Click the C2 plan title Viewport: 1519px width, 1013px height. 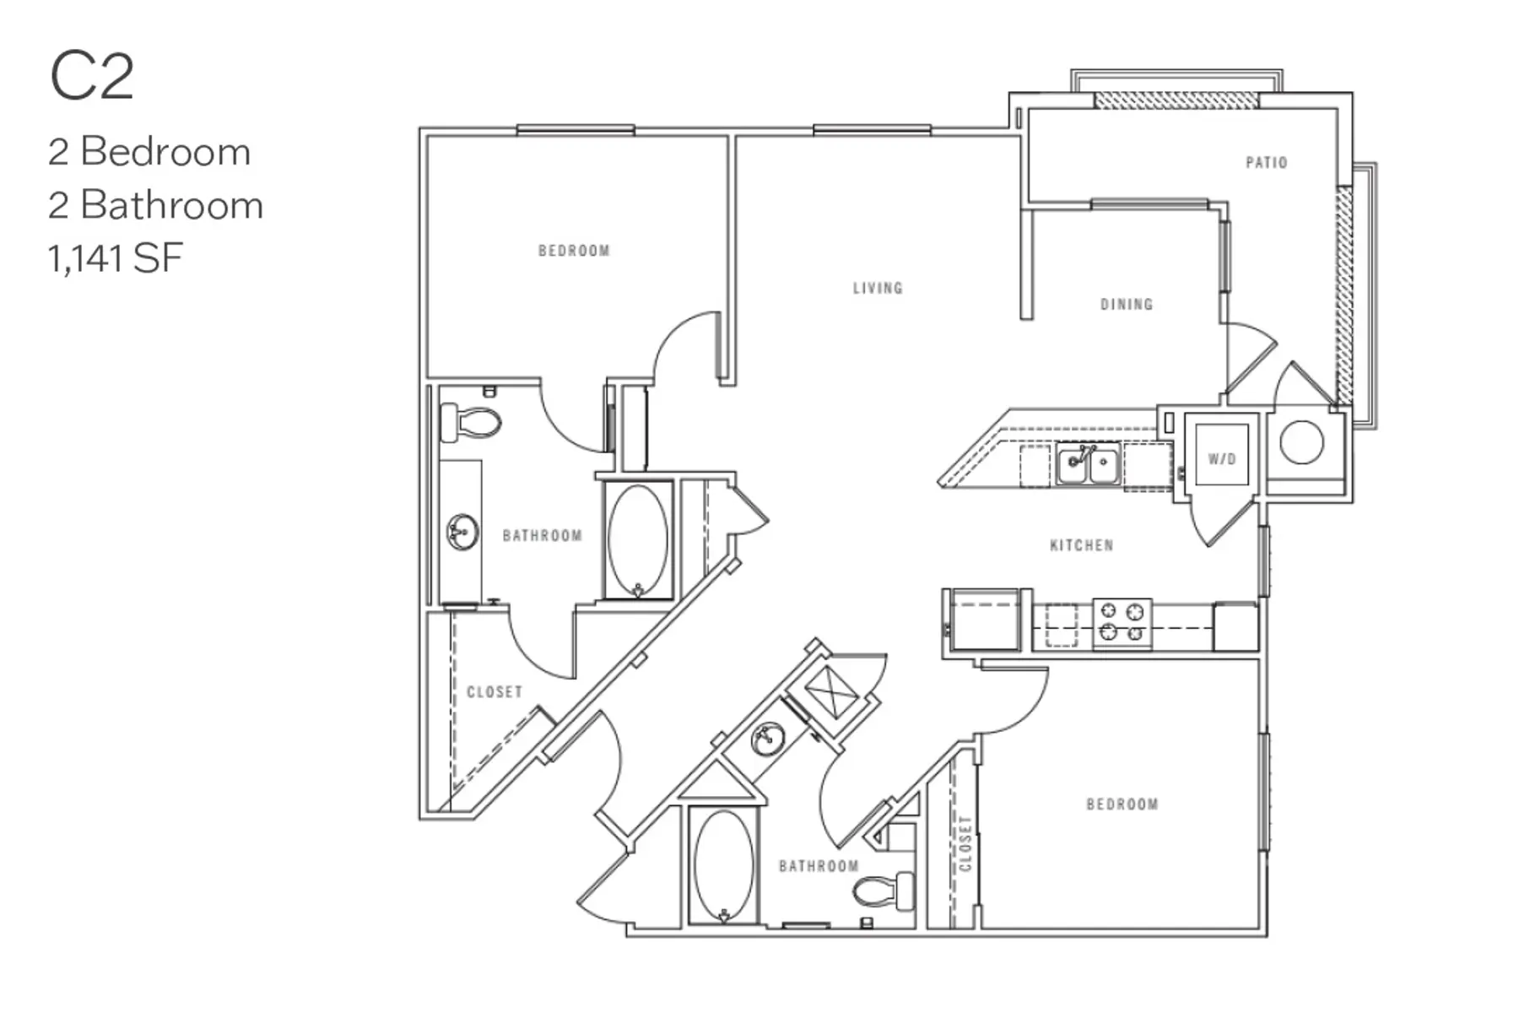point(92,77)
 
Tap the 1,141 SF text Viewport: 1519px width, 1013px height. point(116,258)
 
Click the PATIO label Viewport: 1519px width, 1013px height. point(1267,163)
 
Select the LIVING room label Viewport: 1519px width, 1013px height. point(878,289)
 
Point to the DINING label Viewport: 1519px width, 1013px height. point(1127,305)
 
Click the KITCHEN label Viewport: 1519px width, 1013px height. point(1082,546)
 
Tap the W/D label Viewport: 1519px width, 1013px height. point(1221,459)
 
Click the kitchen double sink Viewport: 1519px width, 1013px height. point(1089,466)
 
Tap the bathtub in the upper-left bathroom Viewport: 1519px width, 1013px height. point(638,541)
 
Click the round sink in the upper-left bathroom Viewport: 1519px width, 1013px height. point(462,533)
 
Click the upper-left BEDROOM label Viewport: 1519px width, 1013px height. point(574,252)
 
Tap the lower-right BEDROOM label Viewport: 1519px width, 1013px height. point(1122,804)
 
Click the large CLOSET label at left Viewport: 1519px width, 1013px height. point(495,692)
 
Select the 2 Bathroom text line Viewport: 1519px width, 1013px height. point(156,206)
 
